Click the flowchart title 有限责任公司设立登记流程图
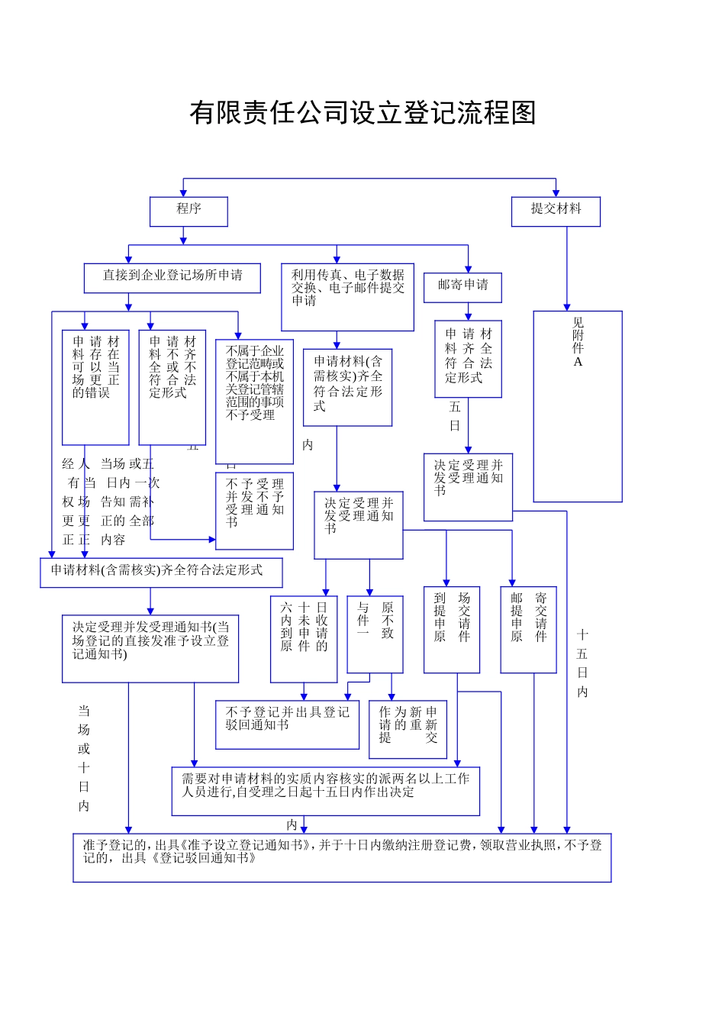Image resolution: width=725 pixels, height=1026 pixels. tap(362, 113)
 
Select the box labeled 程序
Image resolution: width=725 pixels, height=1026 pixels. tap(188, 211)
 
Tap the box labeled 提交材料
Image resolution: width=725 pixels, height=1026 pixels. tap(556, 211)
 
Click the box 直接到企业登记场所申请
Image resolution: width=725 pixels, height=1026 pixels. tap(172, 278)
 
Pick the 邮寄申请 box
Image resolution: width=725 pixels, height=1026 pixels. tap(462, 287)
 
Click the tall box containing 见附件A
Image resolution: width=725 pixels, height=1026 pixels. tap(578, 406)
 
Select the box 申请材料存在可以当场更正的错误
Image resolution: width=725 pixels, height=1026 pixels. tap(95, 387)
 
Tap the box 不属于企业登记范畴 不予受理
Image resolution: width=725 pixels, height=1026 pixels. tap(254, 401)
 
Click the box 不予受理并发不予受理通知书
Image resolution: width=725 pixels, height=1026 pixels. tap(254, 511)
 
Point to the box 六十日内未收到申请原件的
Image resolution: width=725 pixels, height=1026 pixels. tap(304, 639)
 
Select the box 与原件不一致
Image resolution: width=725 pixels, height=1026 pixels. tap(375, 634)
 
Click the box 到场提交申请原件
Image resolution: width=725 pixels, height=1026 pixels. tap(452, 630)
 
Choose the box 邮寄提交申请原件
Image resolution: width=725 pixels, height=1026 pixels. tap(528, 630)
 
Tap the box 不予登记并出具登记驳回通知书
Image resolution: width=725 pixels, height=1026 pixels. tap(287, 724)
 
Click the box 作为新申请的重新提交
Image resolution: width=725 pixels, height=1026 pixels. tap(408, 730)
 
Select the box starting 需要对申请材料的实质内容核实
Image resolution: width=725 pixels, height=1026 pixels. tap(325, 791)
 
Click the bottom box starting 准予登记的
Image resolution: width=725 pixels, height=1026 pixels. tap(342, 857)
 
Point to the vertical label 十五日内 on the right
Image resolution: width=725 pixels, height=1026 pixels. tap(582, 663)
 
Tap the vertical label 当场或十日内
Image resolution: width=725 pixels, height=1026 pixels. tap(84, 757)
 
